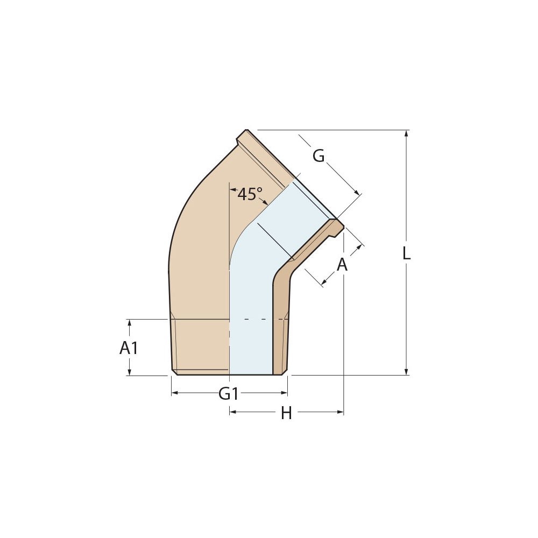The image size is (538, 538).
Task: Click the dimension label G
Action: (318, 156)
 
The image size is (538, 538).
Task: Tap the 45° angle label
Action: (250, 194)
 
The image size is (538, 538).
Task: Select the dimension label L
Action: (406, 253)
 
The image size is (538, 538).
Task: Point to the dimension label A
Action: (342, 265)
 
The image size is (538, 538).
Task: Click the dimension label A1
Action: (129, 348)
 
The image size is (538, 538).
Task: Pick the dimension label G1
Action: (229, 394)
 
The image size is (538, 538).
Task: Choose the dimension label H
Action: (286, 413)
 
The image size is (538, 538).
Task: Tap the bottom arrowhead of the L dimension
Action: (406, 372)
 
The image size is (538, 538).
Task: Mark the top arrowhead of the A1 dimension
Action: (129, 322)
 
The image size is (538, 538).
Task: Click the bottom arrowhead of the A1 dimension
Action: (129, 372)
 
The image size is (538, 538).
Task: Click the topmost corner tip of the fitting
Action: (246, 130)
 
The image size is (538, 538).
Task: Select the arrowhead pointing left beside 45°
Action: (233, 189)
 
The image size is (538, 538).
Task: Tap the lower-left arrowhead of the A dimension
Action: (324, 281)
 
